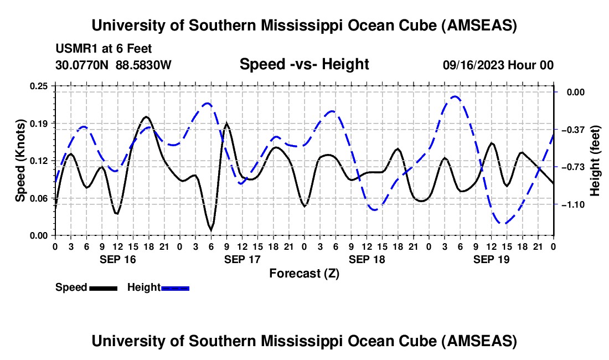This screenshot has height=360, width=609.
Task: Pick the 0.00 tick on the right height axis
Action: coord(572,92)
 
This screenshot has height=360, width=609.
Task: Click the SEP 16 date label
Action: coord(117,259)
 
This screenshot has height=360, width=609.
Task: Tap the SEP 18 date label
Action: coord(367,259)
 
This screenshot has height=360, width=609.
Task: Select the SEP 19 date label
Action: coord(492,259)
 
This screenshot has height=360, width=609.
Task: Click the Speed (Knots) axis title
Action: coord(20,161)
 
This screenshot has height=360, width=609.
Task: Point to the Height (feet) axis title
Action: coord(596,161)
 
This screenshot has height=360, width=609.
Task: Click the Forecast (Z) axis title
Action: coord(304,273)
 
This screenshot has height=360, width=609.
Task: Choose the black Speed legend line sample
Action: coord(103,287)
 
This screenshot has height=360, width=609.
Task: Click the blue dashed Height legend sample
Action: coord(175,287)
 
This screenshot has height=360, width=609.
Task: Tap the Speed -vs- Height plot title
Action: coord(304,65)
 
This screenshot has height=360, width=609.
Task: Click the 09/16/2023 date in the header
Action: coord(473,65)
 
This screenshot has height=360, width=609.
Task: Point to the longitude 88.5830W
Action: coord(144,65)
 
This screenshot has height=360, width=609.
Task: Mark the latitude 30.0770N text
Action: coord(83,65)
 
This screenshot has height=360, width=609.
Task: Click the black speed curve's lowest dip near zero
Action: coord(211,229)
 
